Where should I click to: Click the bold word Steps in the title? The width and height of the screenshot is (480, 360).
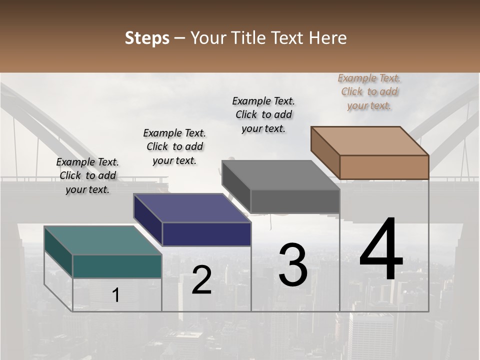pos(147,38)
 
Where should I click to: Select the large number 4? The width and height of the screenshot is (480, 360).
pos(381,250)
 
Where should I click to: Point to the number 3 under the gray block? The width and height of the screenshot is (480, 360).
pos(292,265)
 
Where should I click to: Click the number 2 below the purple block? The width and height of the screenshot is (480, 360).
pos(201,280)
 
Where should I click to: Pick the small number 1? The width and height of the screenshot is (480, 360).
pos(115,295)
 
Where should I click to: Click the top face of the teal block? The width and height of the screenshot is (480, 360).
pos(102,240)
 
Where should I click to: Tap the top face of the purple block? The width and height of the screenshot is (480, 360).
pos(192,208)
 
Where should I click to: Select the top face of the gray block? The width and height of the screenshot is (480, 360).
pos(281,175)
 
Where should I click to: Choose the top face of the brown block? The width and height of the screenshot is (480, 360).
pos(370,141)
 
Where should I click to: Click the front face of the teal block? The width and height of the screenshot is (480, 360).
pos(117,266)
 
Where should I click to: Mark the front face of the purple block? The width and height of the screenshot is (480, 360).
pos(206,234)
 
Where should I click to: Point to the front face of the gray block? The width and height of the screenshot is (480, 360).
pos(295,201)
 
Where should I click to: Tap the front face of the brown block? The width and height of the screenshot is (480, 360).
pos(384,167)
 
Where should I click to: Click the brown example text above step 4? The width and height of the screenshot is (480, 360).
pos(369,92)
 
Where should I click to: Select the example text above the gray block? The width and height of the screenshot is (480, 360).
pos(263,114)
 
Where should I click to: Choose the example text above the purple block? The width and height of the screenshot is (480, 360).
pos(174,146)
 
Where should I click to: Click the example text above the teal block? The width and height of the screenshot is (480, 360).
pos(87,175)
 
